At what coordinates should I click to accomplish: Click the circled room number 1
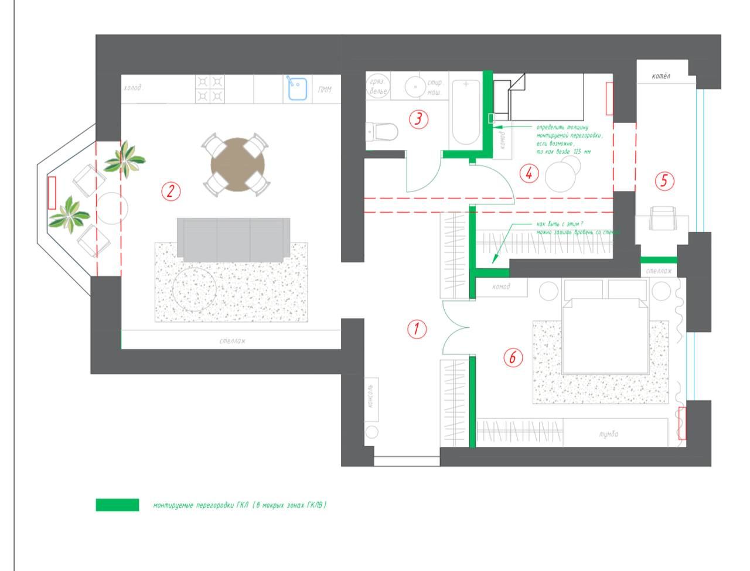tap(417, 329)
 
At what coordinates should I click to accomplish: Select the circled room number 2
tap(171, 191)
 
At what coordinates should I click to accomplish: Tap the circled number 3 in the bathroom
tap(418, 119)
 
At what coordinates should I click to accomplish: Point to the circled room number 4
tap(529, 173)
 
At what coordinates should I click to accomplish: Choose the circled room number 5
tap(663, 181)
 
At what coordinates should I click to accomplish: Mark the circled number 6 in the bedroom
tap(513, 357)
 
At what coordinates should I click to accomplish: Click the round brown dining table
tap(237, 165)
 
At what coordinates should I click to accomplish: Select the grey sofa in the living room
tap(233, 239)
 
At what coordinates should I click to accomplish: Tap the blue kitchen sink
tap(298, 88)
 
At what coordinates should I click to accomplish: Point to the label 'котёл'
tap(660, 76)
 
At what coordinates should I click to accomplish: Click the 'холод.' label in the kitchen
tap(134, 88)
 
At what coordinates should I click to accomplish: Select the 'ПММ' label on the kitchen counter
tap(325, 90)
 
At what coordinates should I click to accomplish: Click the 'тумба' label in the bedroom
tap(608, 435)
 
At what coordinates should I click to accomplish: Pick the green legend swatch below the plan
tap(117, 505)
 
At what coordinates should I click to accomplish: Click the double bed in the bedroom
tap(605, 335)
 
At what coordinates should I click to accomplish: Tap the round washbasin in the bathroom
tap(415, 87)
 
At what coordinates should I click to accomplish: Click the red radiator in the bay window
tap(52, 193)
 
